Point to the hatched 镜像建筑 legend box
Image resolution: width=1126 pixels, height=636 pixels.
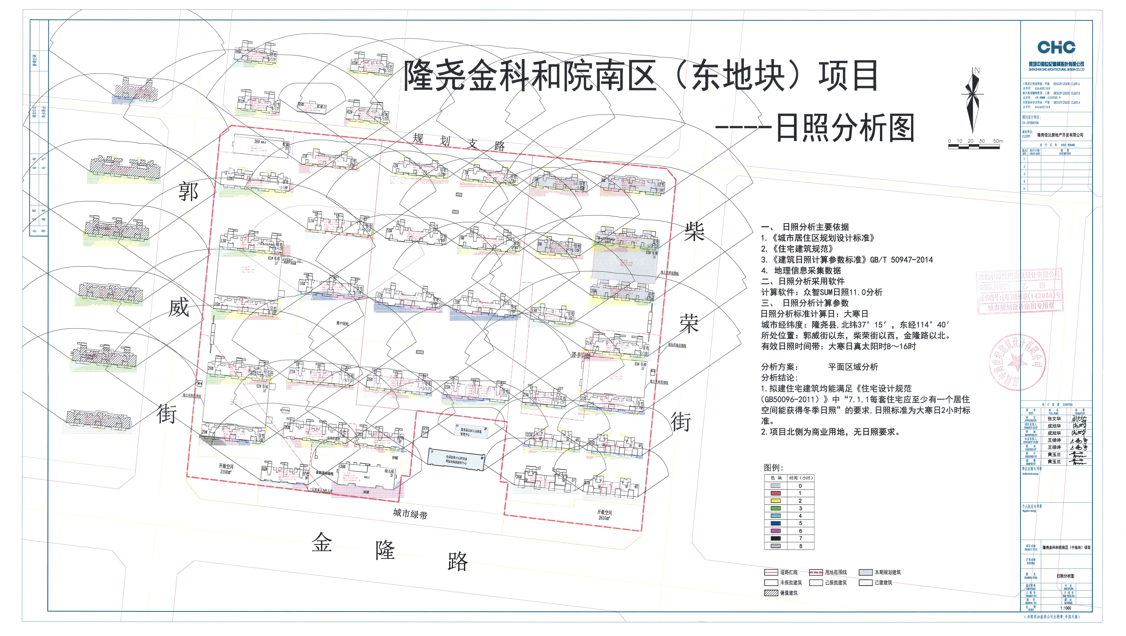771,593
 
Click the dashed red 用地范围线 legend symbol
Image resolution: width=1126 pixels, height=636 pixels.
816,572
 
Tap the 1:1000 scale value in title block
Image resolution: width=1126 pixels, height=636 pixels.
1065,608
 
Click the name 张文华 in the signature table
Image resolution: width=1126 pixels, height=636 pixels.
1054,418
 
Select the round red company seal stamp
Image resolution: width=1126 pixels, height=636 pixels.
1017,362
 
